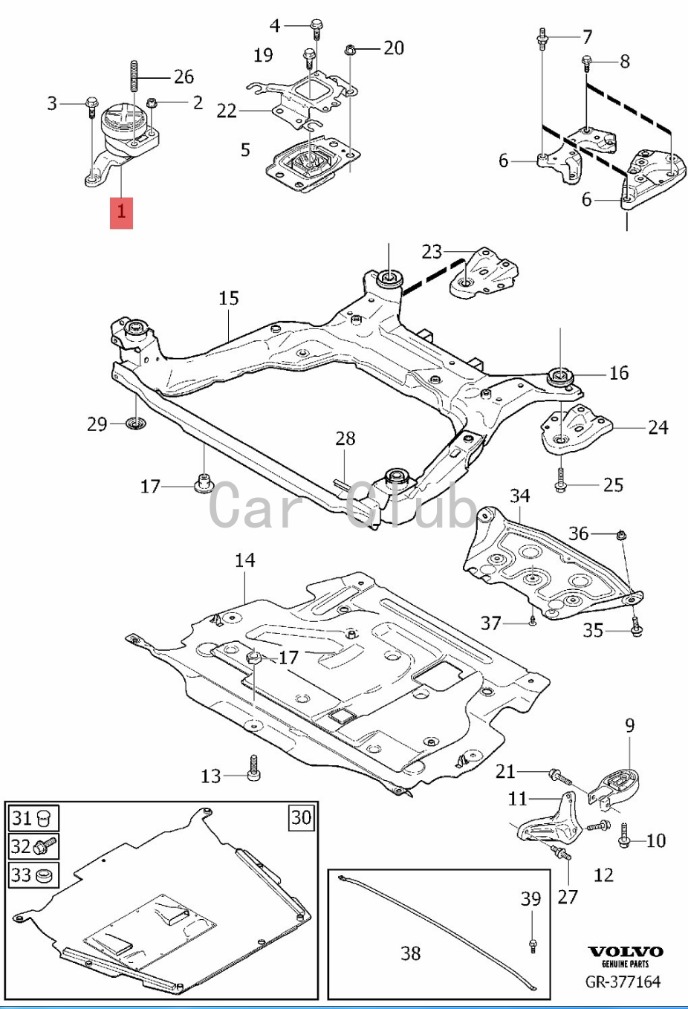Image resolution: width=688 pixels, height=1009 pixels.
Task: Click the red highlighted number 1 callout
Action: point(121,212)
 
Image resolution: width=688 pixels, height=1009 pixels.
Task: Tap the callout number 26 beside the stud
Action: point(184,76)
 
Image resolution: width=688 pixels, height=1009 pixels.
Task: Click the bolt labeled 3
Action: point(91,103)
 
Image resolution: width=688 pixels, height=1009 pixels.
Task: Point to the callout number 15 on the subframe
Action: point(229,298)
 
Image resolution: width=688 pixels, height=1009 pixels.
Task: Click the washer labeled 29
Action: point(136,424)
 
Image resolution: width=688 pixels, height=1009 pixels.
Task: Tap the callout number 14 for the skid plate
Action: point(244,559)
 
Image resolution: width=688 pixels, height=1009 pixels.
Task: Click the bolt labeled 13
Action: point(255,770)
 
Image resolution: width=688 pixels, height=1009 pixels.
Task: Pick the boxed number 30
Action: point(301,817)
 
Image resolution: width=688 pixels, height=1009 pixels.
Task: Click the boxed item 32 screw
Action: point(45,846)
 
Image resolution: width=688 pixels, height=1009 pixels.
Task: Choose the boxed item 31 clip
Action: point(46,819)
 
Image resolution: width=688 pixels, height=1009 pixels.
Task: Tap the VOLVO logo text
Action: point(626,952)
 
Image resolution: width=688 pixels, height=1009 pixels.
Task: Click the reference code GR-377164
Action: point(623,982)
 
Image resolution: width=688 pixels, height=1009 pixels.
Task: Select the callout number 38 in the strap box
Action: point(411,953)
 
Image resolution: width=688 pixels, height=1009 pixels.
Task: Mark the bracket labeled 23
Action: point(483,273)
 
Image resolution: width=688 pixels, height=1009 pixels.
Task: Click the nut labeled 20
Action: point(349,51)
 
